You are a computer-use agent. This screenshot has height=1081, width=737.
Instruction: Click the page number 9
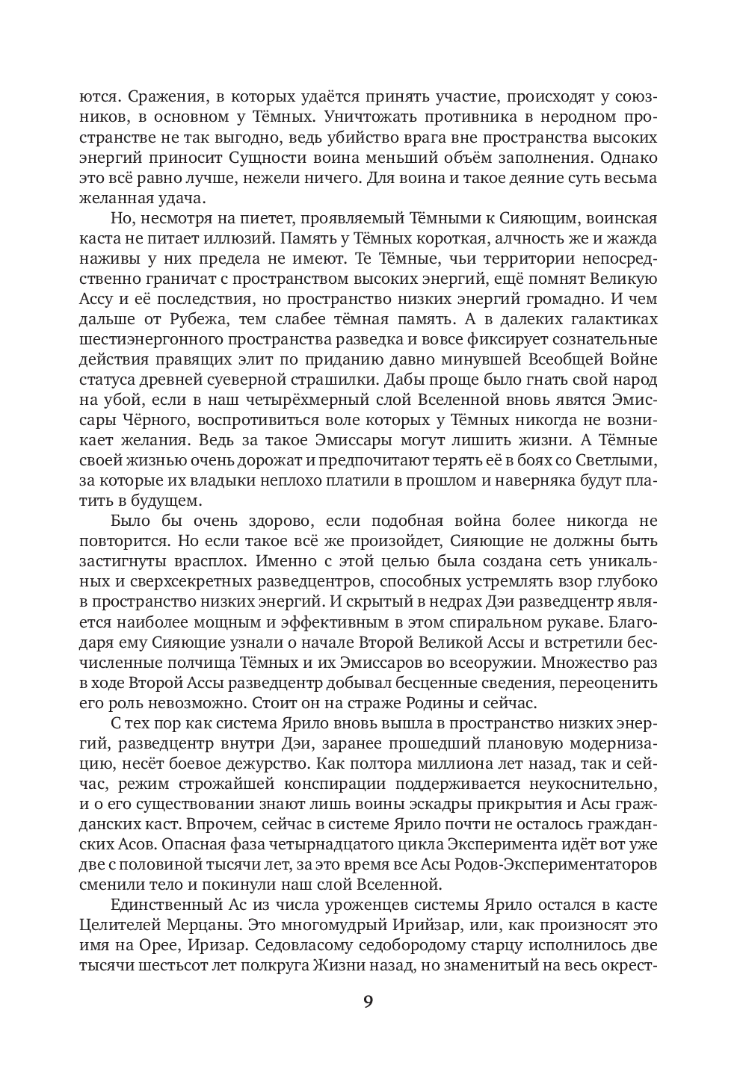point(368,1001)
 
